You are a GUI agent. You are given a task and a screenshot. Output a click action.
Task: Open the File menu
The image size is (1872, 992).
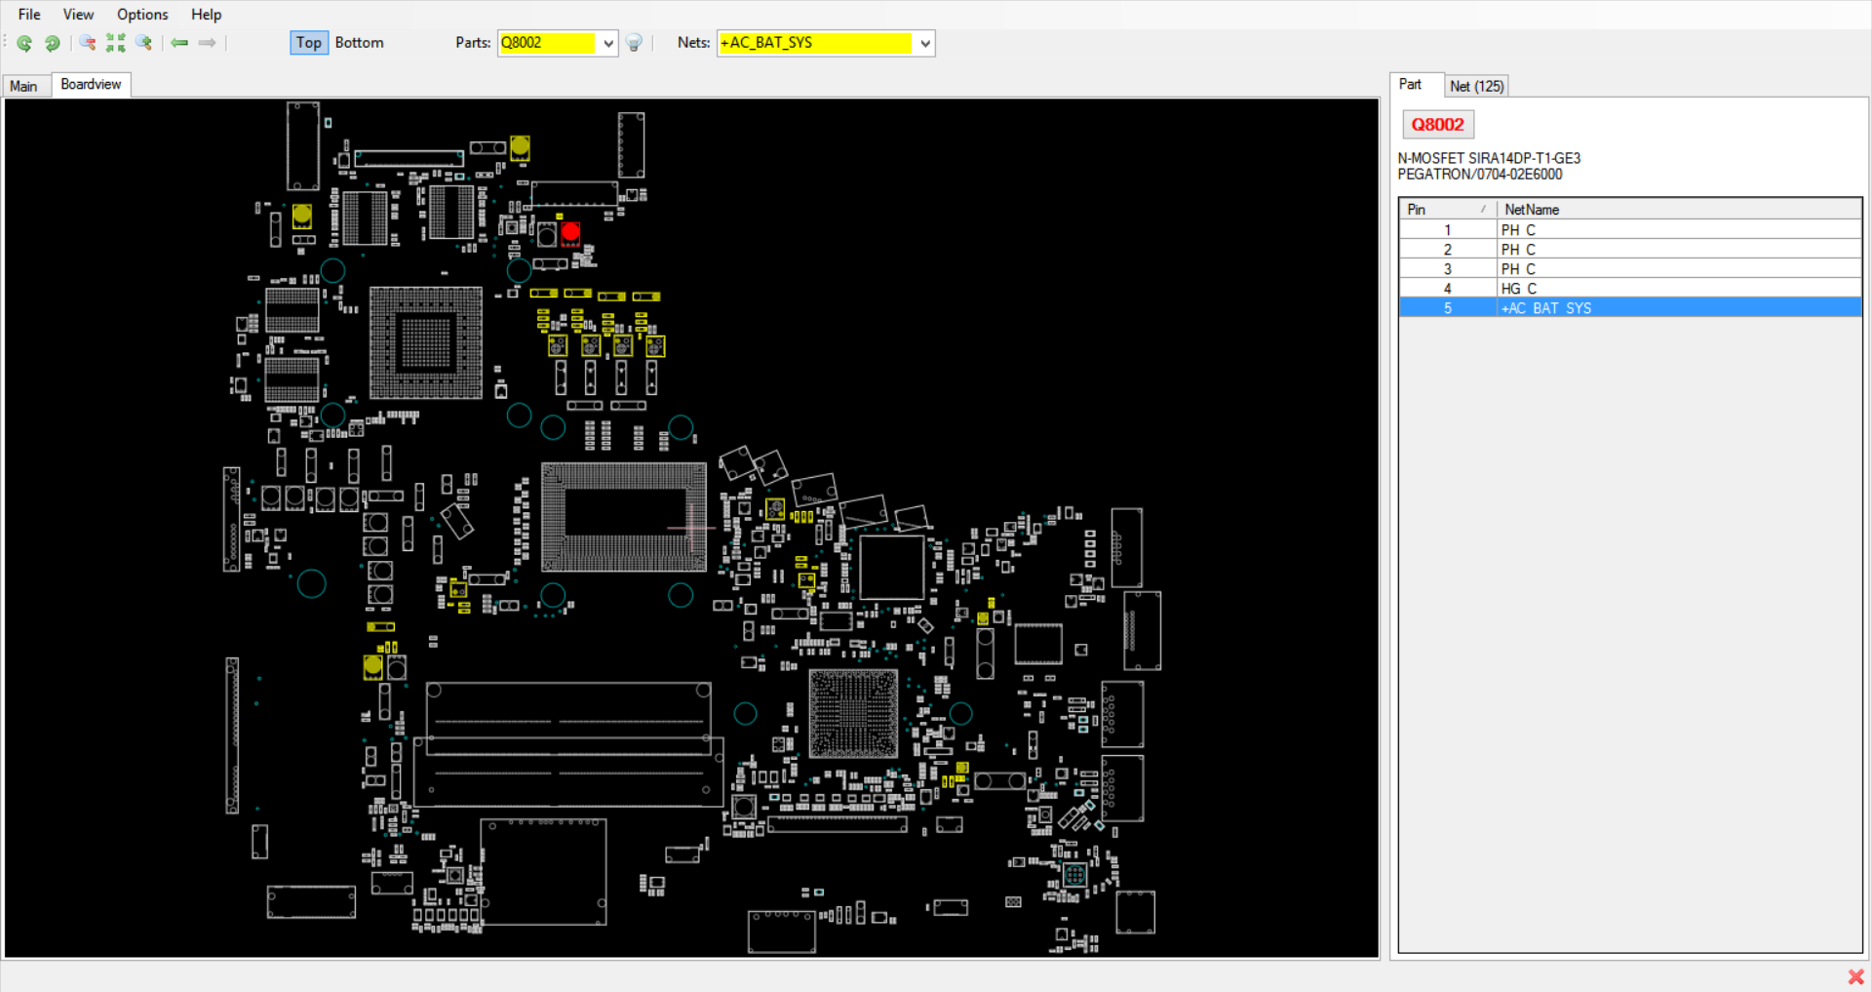point(29,15)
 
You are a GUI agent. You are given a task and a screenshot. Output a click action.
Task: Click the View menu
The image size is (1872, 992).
point(78,15)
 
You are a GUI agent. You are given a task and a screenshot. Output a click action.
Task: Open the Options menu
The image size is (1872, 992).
point(142,15)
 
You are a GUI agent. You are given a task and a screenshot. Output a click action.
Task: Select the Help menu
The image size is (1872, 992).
point(206,15)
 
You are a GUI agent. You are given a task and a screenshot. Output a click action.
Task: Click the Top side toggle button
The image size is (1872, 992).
point(309,43)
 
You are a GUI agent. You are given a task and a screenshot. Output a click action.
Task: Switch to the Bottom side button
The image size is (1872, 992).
point(359,43)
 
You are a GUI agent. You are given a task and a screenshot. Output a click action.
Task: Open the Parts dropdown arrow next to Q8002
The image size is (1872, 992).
point(608,43)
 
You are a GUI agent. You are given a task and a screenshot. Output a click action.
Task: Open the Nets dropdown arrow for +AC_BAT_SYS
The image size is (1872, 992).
point(925,43)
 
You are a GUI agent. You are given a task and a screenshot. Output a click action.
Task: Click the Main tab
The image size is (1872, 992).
point(24,86)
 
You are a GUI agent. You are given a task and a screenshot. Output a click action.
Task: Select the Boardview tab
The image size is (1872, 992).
point(91,85)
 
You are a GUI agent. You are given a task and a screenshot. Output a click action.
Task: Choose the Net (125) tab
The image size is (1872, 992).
point(1476,86)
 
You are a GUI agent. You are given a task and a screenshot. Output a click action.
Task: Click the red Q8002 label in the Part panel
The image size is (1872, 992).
point(1438,124)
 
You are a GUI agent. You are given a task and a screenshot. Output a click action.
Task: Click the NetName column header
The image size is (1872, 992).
point(1532,210)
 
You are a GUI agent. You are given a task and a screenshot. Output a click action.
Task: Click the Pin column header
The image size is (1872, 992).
point(1417,210)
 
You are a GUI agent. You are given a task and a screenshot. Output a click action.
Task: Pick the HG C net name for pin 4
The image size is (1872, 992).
point(1519,289)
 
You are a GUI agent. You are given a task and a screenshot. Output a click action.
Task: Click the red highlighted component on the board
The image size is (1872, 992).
point(570,232)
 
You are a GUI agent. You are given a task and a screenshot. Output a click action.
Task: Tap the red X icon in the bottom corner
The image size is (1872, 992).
point(1855,976)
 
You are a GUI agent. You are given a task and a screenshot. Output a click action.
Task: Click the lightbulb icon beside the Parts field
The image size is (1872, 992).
point(634,43)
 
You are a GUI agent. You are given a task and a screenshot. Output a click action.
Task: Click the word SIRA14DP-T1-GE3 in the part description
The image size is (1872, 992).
point(1525,158)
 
